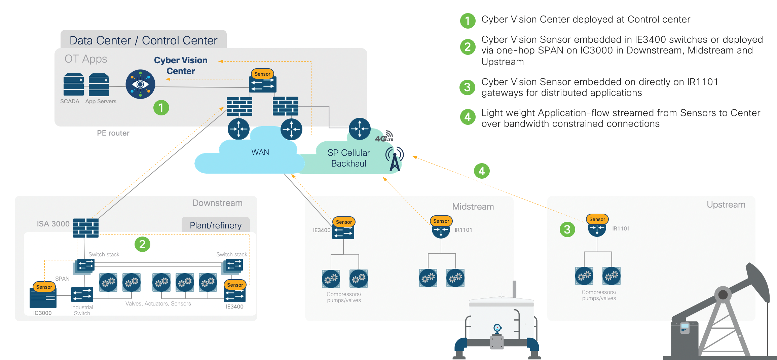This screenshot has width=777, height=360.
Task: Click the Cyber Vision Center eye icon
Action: click(x=140, y=84)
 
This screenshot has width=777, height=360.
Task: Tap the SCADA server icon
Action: click(x=74, y=84)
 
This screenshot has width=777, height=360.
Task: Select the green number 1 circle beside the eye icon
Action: click(x=161, y=108)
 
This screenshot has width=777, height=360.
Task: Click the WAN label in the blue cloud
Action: click(x=260, y=152)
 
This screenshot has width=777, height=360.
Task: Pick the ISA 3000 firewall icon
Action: click(x=86, y=228)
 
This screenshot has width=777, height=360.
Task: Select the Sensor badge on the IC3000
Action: click(x=44, y=287)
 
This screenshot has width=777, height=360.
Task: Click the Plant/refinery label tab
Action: click(x=216, y=225)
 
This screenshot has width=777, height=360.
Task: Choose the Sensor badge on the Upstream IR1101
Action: click(x=597, y=219)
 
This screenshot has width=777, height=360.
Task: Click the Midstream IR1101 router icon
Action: click(x=441, y=230)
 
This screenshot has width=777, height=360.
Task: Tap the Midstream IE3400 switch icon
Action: click(x=343, y=232)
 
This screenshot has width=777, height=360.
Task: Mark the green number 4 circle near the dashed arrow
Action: click(x=482, y=171)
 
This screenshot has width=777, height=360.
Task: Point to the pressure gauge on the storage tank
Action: click(x=497, y=328)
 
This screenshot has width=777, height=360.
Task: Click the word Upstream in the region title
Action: click(x=726, y=205)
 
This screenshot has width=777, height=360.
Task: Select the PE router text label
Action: click(x=113, y=133)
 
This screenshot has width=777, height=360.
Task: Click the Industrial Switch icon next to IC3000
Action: click(x=82, y=295)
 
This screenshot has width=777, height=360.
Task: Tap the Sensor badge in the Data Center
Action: click(x=262, y=74)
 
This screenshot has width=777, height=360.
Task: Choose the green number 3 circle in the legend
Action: click(x=468, y=87)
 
